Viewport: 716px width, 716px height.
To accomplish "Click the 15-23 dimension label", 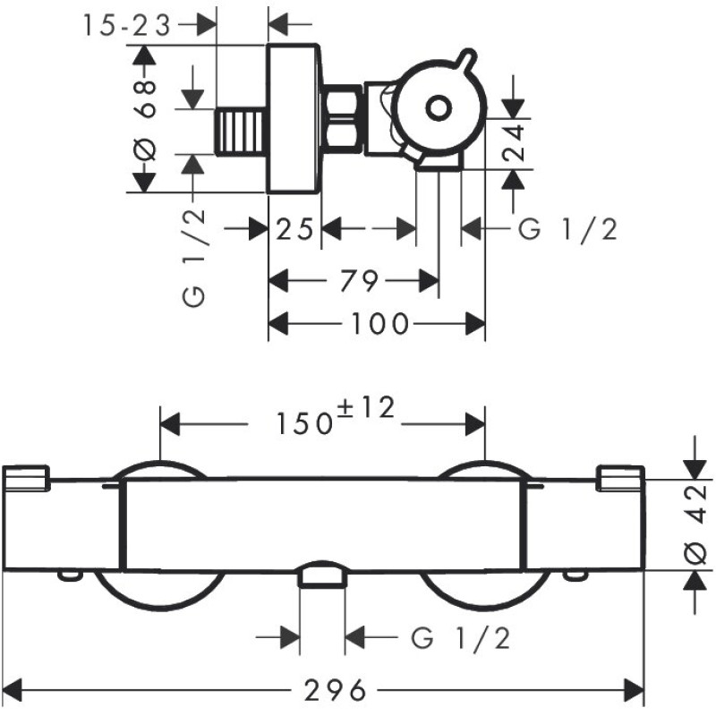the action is coord(126,26).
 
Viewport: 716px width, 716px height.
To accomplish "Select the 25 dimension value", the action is coord(295,229).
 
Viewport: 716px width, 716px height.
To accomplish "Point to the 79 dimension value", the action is coord(359,281).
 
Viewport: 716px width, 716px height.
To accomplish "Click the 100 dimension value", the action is coord(379,324).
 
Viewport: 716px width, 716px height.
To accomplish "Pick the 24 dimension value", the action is coord(513,143).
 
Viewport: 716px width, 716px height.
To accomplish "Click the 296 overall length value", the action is coord(335,690).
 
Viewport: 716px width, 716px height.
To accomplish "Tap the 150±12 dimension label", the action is coord(335,416).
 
